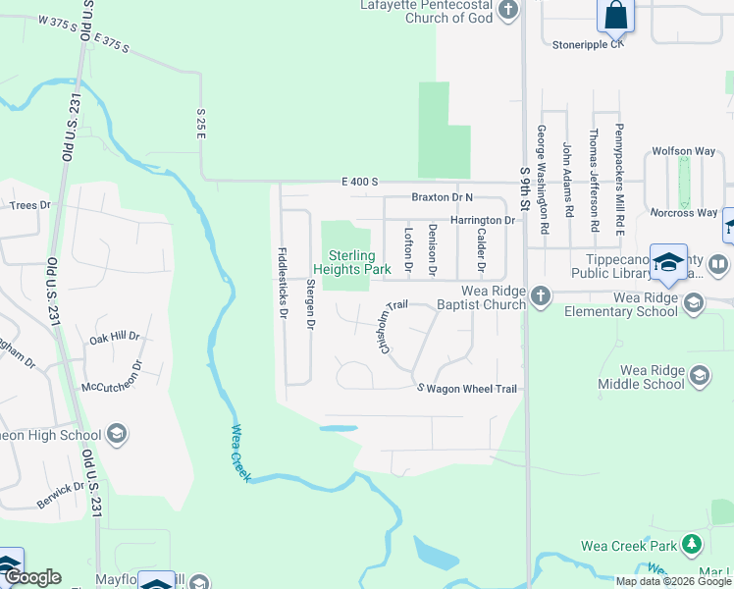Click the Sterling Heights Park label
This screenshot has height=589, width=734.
point(352,262)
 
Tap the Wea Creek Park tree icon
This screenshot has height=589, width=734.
point(693,544)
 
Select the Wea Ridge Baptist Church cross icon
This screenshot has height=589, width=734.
point(540,294)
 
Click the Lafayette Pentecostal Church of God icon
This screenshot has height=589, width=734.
point(507,11)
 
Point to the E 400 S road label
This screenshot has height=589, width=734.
point(360,182)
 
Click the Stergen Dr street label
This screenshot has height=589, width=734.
point(310,302)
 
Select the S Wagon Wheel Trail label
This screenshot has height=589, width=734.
point(467,389)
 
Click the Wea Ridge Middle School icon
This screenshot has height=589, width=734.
point(699,374)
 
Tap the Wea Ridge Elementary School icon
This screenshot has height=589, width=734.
point(694,302)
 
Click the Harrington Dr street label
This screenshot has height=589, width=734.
point(483,221)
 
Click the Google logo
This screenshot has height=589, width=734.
point(32,577)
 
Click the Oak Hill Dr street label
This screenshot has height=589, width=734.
point(115,337)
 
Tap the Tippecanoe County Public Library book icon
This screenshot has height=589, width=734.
point(719,265)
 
